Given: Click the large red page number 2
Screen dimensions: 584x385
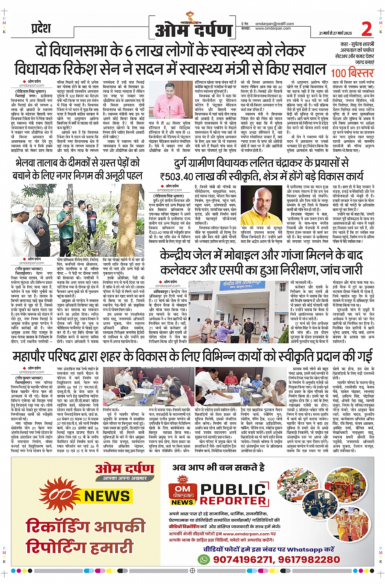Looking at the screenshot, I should (367, 29).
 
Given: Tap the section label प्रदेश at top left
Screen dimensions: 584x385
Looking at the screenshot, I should (41, 29).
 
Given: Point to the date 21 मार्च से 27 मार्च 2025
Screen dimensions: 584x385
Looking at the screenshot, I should (335, 33).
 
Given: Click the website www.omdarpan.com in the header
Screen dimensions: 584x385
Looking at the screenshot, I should (273, 29).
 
